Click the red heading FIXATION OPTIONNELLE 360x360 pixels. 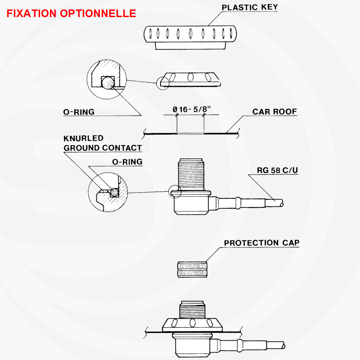tap(72, 13)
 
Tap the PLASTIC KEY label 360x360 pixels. tap(250, 7)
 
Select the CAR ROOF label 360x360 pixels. tap(274, 112)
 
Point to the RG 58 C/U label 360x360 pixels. tap(277, 170)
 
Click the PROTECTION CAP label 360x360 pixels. tap(262, 243)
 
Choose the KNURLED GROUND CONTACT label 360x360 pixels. tap(103, 143)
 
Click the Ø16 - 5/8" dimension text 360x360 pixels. tap(192, 109)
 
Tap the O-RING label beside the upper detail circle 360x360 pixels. tap(79, 112)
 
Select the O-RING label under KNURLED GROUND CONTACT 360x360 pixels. tap(127, 162)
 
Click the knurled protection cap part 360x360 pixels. tap(192, 269)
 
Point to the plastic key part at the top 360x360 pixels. tap(190, 37)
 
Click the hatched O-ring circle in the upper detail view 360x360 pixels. tap(108, 83)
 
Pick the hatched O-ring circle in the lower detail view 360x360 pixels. tap(114, 193)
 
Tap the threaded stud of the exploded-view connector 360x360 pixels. tap(191, 174)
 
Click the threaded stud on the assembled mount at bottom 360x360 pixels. tap(192, 310)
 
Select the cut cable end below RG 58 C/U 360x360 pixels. tap(281, 203)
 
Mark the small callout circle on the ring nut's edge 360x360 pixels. tap(163, 83)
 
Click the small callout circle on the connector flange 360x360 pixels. tap(175, 192)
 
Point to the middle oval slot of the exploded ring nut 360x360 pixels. tap(190, 77)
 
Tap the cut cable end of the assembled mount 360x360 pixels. tap(283, 346)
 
